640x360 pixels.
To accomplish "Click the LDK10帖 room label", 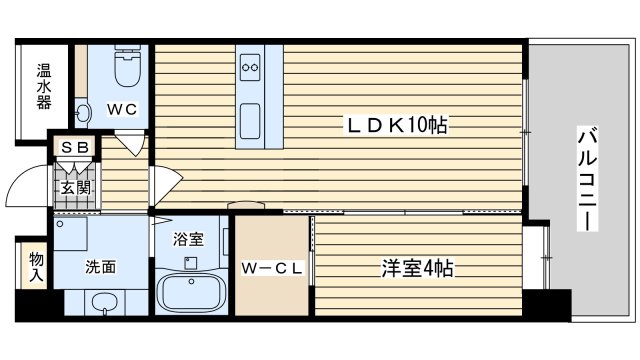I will tap(395, 125).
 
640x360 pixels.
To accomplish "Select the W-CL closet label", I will tap(271, 267).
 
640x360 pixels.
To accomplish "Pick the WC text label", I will tap(122, 108).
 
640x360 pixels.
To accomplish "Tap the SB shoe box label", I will tap(75, 148).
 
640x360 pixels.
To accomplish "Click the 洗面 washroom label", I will tap(98, 267).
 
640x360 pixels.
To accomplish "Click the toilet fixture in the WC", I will tap(127, 70).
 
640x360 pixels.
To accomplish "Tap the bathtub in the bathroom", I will tap(194, 293).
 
